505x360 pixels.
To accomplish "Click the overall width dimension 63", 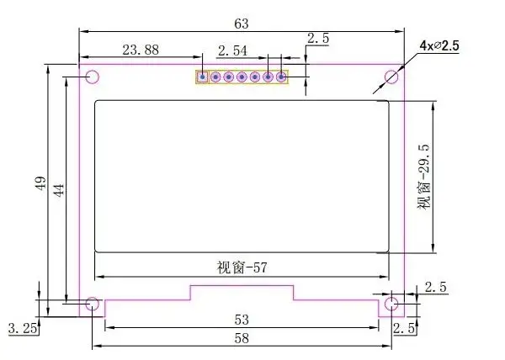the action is click(242, 24).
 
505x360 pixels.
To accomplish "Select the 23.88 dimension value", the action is click(141, 50).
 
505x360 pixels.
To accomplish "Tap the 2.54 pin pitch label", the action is click(232, 50).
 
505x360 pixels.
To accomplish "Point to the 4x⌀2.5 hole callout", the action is click(439, 45).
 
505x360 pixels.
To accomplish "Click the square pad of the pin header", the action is click(202, 77).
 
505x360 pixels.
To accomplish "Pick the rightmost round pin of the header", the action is click(281, 77).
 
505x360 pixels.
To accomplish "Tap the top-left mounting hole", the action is click(93, 77).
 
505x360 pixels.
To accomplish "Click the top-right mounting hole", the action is click(391, 77).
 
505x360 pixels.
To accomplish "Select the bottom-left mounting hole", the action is click(93, 304).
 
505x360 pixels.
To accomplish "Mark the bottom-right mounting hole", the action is click(391, 304).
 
